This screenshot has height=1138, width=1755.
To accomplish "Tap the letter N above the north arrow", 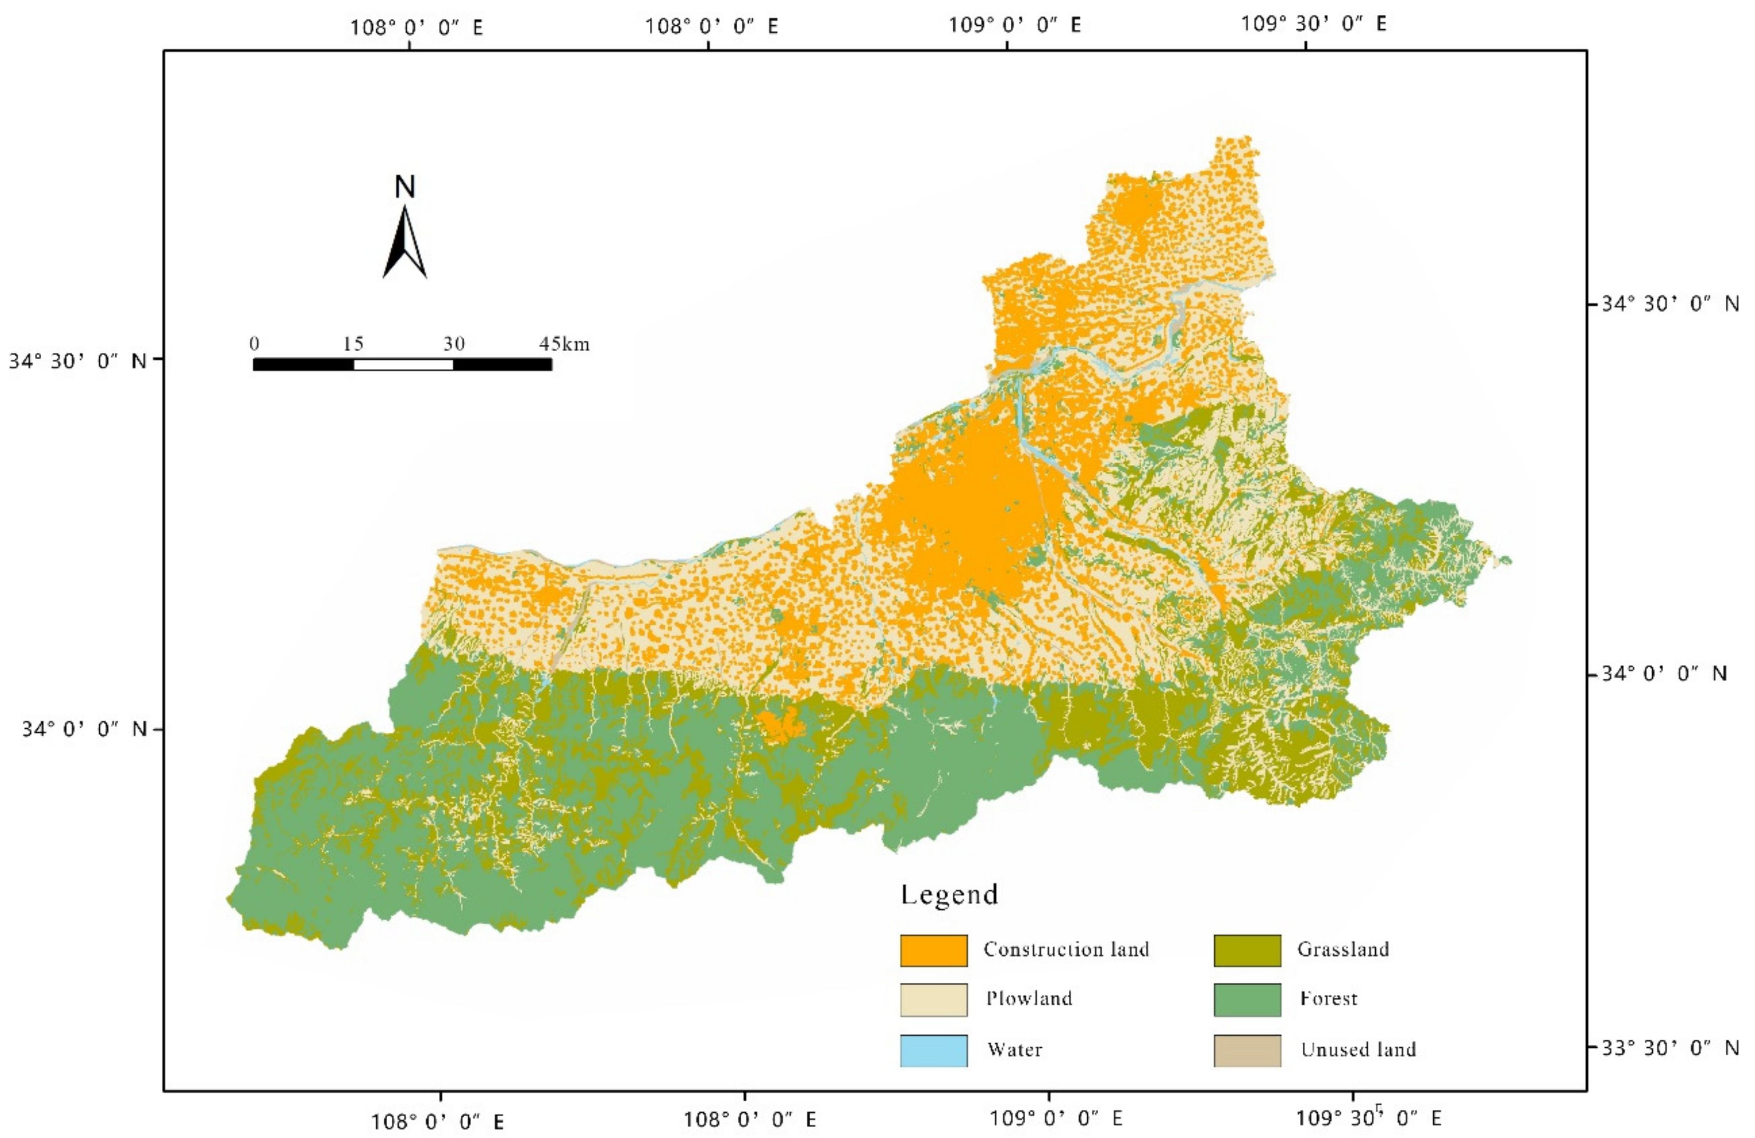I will coord(405,187).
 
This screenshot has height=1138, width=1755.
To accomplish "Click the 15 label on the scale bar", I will coord(353,343).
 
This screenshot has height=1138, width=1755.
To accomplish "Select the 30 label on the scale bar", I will coord(453,343).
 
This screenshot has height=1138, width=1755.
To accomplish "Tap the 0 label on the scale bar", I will coord(254,343).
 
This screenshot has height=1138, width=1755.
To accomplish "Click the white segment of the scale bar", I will coord(403,364).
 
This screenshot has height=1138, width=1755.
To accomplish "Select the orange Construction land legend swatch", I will coord(933,950).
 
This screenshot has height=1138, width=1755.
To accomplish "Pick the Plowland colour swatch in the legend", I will coord(933,1000).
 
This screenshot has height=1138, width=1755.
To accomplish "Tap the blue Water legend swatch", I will coord(933,1050).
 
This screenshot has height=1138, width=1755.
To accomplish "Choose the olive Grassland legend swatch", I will coord(1247,950).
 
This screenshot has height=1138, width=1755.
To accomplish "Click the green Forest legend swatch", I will coord(1247,1000).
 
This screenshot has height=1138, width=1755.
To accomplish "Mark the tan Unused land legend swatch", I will coord(1247,1050).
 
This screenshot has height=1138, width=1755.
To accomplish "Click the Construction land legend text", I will coord(1066,949).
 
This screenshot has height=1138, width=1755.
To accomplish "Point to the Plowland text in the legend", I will coord(1029,999).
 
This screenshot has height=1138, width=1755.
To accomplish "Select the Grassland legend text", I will coord(1343,949).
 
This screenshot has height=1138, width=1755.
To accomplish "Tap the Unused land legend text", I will coord(1358,1050).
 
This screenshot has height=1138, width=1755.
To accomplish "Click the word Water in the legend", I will coord(1015,1050).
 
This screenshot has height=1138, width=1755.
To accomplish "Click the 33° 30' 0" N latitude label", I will coord(1668,1047).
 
